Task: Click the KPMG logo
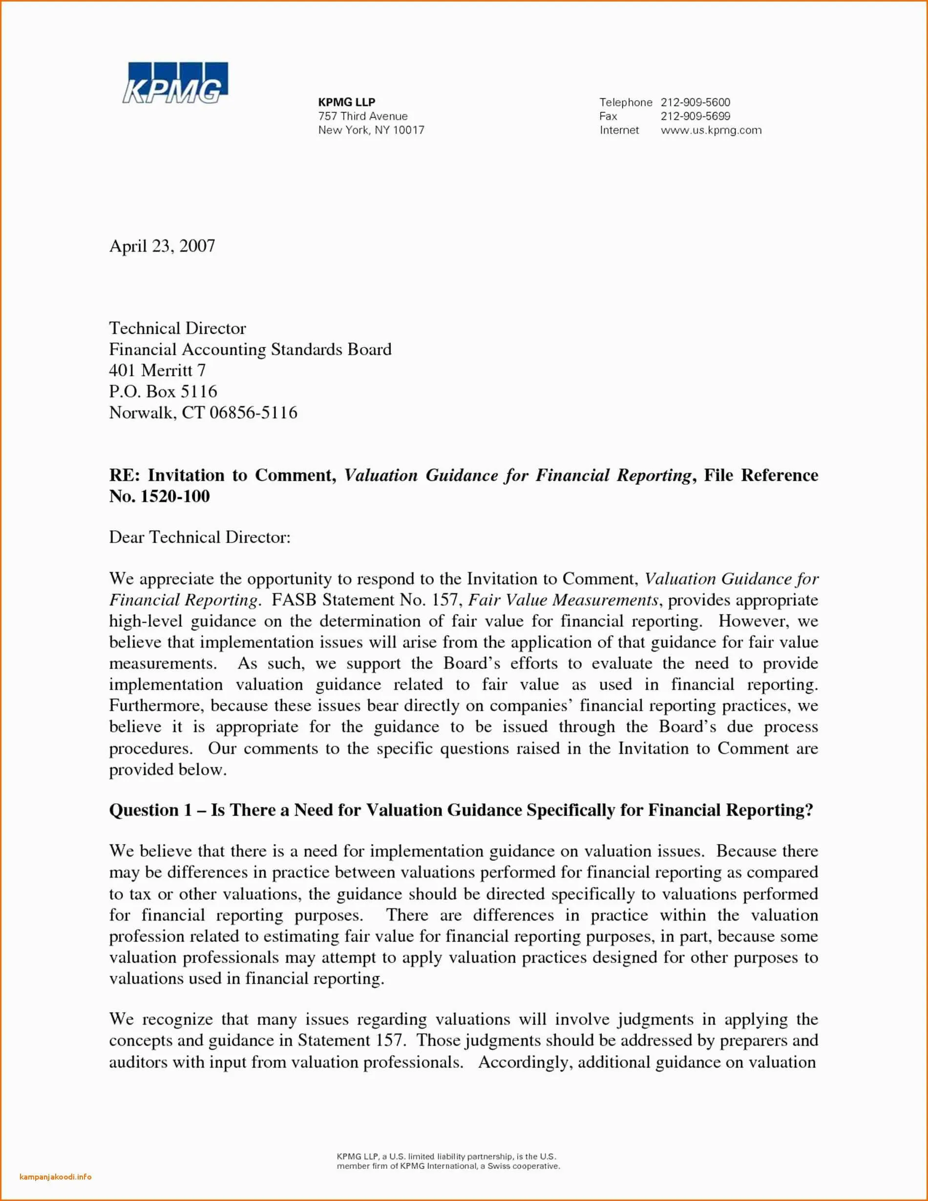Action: [x=174, y=83]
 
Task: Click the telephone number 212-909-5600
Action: [x=695, y=102]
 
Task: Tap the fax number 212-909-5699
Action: [x=695, y=116]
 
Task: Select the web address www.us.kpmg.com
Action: [x=711, y=130]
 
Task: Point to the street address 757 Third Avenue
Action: [x=363, y=116]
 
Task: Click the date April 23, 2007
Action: [x=162, y=246]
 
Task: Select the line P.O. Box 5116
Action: [x=163, y=391]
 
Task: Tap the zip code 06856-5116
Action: [x=253, y=412]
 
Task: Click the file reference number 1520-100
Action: [x=175, y=496]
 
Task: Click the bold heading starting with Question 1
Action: [x=461, y=810]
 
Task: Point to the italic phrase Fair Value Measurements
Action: [x=564, y=600]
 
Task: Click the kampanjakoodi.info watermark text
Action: [x=56, y=1177]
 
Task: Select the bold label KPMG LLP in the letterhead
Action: [x=346, y=102]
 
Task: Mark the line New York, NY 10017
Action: [x=371, y=130]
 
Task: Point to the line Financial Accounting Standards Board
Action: [x=250, y=350]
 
